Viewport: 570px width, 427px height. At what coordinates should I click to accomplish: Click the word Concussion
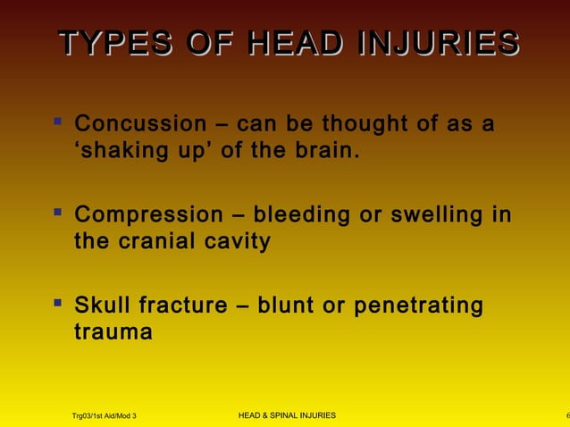139,123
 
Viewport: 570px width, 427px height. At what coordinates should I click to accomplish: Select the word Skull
101,306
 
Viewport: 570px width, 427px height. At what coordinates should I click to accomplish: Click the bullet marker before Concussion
58,121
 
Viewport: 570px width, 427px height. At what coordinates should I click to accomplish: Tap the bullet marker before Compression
58,213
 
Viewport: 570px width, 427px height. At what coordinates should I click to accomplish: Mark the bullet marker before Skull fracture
58,304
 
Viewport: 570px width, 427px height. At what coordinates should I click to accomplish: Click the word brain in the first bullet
329,150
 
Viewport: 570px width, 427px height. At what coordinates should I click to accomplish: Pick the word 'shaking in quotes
117,151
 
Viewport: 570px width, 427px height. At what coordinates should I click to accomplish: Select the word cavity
237,242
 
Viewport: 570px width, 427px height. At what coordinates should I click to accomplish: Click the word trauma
113,333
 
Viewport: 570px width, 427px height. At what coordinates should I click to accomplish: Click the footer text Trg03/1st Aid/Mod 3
104,416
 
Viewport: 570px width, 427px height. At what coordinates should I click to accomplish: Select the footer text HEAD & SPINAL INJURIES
288,416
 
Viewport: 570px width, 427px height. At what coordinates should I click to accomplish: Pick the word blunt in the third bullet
287,306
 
